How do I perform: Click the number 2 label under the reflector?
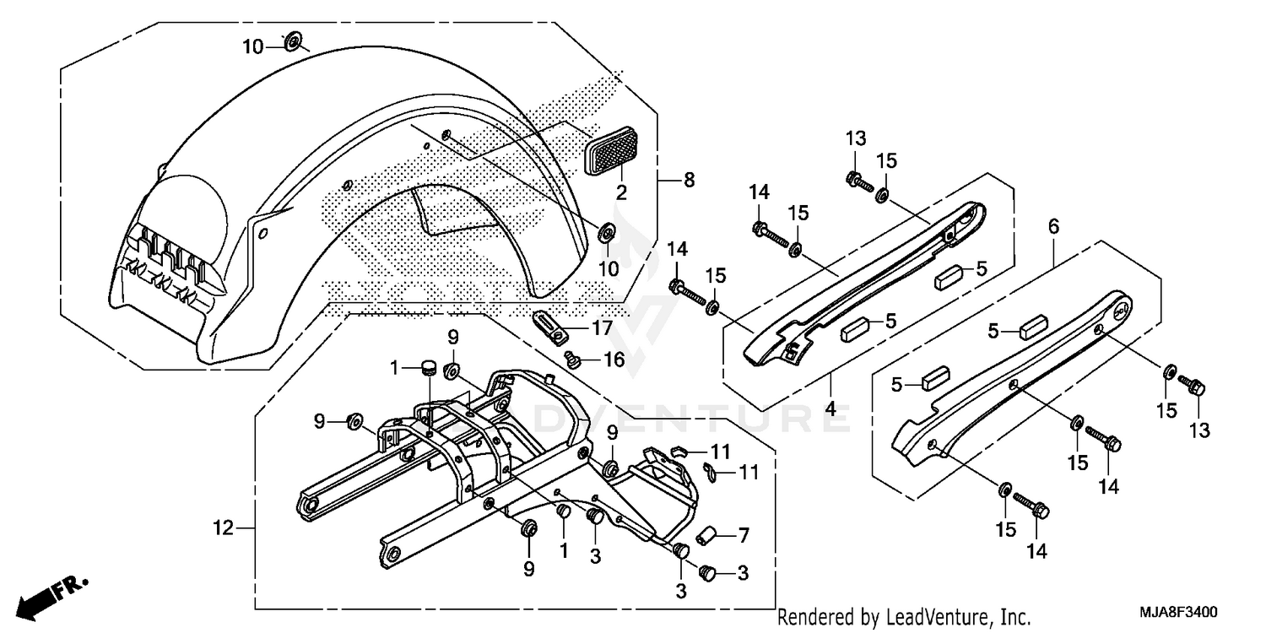point(621,192)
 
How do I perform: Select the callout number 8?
point(689,180)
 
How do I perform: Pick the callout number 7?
point(743,535)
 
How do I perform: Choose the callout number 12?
point(222,529)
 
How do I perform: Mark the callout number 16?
point(614,360)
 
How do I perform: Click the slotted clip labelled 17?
point(546,325)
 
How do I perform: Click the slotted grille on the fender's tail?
point(170,262)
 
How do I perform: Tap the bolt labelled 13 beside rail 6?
point(1194,388)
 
